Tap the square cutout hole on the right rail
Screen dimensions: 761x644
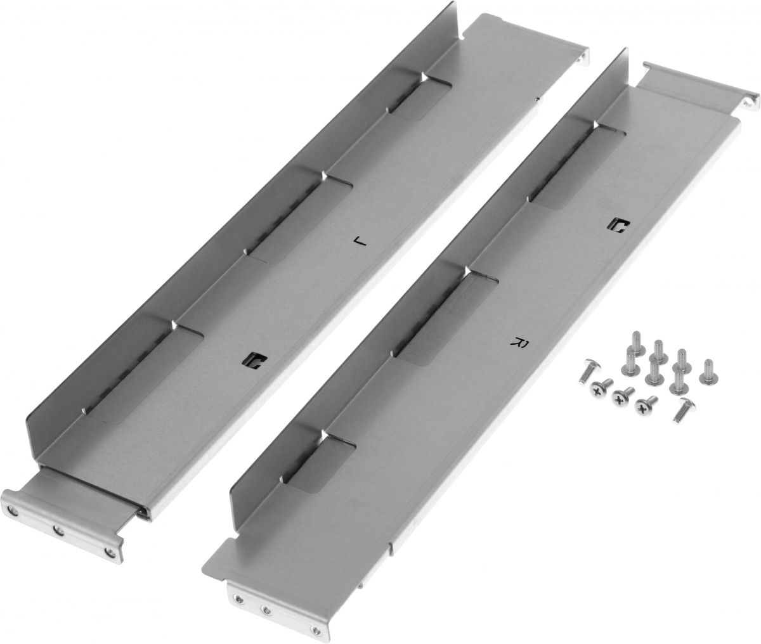click(621, 227)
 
